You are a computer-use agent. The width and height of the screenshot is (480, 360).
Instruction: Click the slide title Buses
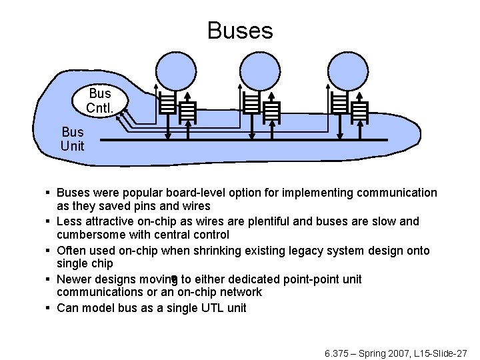[x=240, y=31]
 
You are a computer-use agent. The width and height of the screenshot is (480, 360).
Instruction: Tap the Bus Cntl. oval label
[x=100, y=100]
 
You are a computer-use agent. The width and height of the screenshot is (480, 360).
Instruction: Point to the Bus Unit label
[x=73, y=139]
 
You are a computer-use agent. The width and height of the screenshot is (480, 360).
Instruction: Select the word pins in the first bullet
[x=147, y=207]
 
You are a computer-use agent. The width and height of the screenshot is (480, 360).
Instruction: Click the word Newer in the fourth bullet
[x=73, y=279]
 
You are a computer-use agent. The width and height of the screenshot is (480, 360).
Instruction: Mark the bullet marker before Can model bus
[x=49, y=308]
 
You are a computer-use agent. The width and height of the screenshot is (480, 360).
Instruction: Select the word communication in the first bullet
[x=397, y=193]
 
